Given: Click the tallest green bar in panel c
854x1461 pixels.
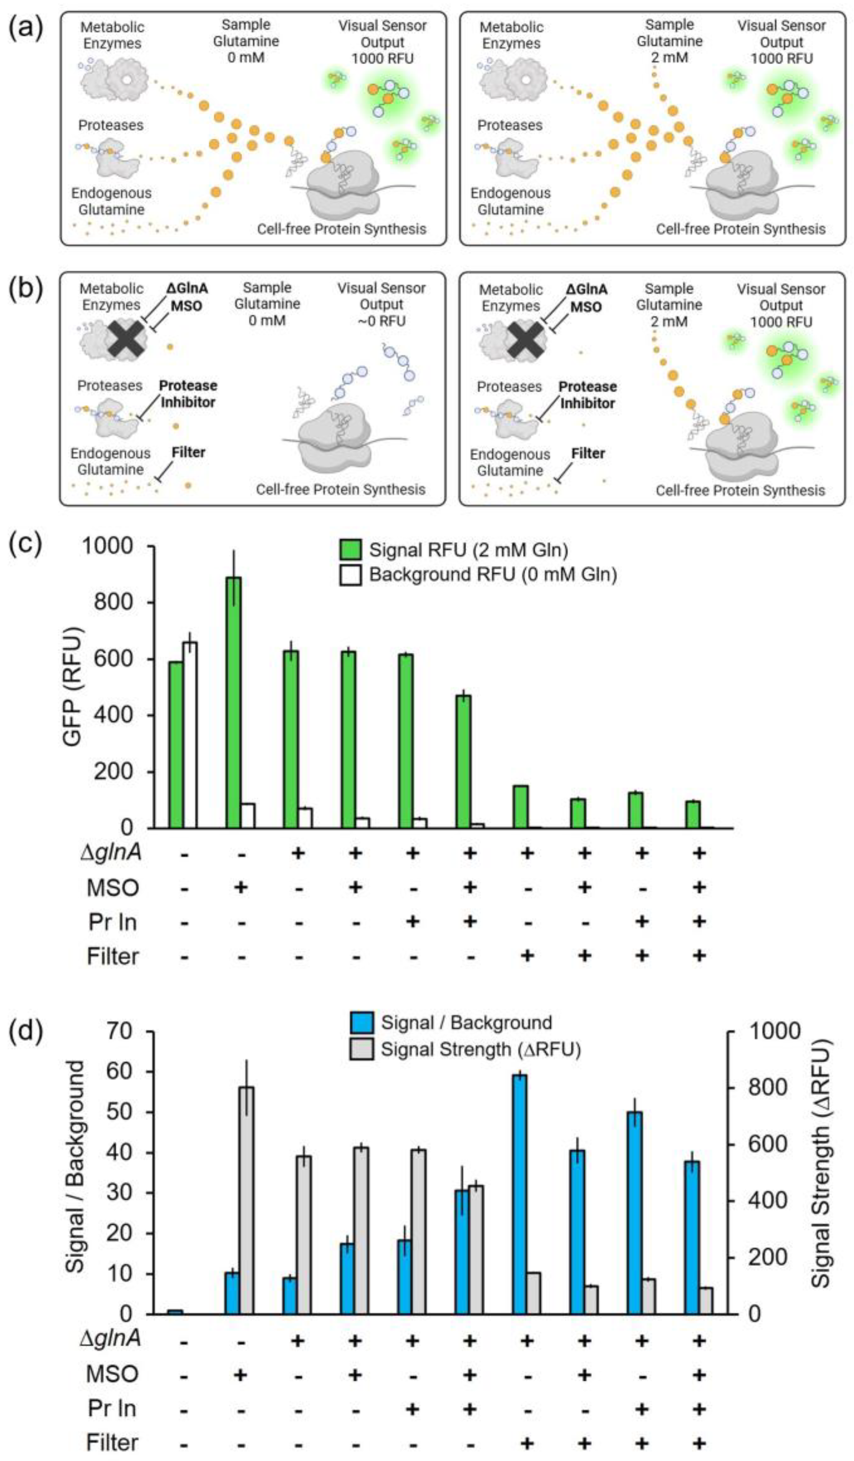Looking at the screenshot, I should coord(233,701).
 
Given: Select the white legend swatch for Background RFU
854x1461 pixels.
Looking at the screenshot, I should coord(351,575).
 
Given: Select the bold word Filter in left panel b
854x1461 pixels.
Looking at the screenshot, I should coord(188,452).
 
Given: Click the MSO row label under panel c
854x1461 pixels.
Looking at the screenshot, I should coord(113,888).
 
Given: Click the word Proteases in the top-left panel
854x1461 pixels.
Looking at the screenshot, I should coord(111,125).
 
